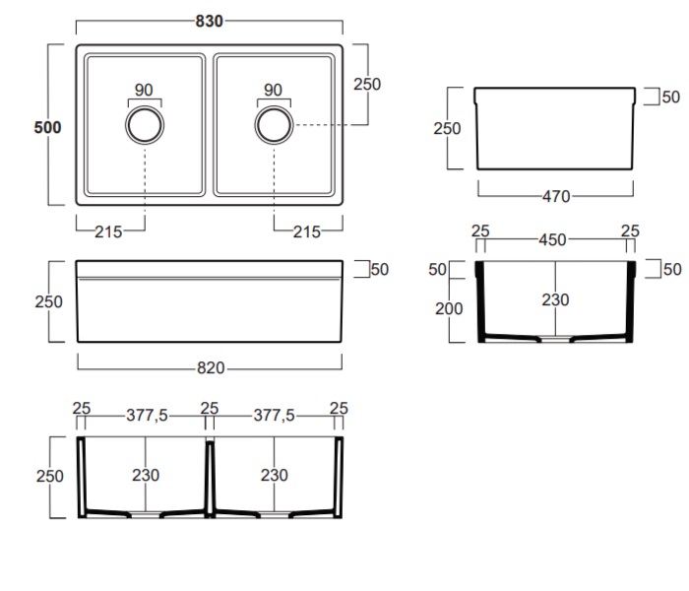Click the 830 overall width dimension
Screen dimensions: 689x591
[209, 21]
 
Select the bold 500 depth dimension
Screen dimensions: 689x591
[47, 127]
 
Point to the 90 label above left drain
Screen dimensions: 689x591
[144, 91]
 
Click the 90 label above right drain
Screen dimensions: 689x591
[273, 91]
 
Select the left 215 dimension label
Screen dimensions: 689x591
[108, 232]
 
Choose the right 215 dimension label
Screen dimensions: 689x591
[307, 232]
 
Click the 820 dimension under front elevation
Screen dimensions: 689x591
[211, 368]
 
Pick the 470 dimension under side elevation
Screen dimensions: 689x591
[556, 197]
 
